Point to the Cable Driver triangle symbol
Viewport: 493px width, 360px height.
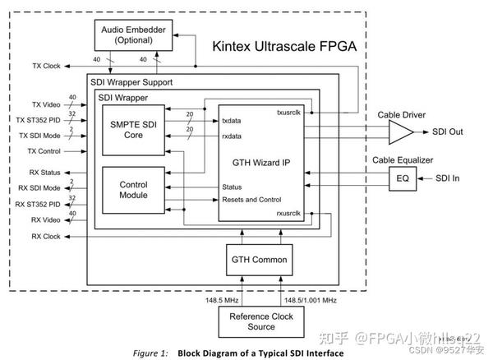(x=400, y=132)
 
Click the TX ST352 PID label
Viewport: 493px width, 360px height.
(x=40, y=120)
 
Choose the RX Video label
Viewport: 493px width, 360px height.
(x=46, y=219)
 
